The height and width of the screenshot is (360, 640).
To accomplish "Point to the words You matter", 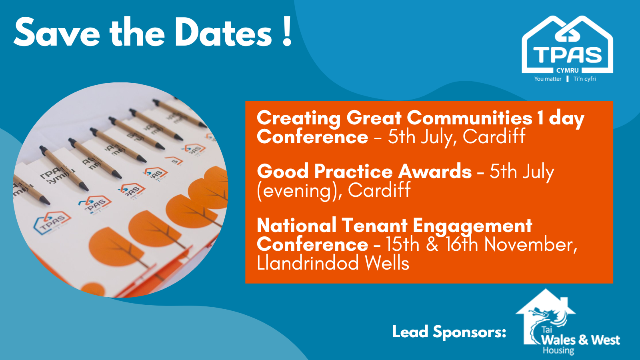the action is click(548, 79).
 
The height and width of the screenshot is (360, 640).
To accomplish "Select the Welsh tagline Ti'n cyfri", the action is click(584, 79).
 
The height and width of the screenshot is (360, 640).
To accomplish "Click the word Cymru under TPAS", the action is click(568, 70).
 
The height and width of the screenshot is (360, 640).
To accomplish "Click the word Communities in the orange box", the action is click(470, 118).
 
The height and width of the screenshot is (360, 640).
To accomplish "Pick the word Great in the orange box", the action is click(374, 118).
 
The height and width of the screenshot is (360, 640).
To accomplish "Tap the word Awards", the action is click(435, 171).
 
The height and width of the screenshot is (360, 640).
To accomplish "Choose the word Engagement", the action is click(472, 226).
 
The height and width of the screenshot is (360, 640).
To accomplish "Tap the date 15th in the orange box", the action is click(403, 245).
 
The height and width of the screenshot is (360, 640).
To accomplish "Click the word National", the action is click(296, 226).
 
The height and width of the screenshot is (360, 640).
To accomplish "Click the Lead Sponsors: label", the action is click(449, 332).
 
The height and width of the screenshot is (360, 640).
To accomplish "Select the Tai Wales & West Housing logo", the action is click(568, 322).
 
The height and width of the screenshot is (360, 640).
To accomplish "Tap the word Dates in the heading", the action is click(224, 32).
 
